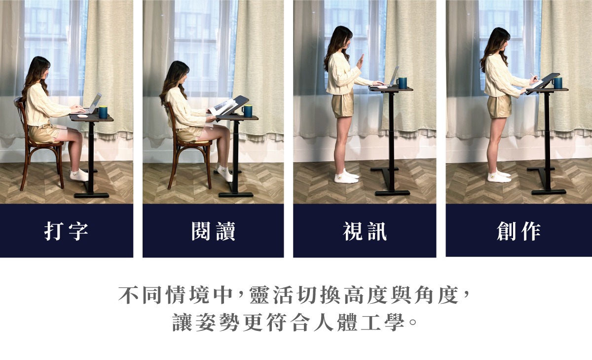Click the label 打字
(x=66, y=231)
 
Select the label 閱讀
(x=213, y=231)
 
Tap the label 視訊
(x=365, y=231)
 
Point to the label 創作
(x=518, y=231)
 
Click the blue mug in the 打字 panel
(x=103, y=112)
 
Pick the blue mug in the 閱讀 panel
(x=247, y=111)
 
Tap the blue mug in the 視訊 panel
(x=402, y=83)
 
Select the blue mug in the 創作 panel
(x=557, y=83)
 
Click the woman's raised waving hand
(x=360, y=62)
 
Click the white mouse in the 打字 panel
(x=82, y=116)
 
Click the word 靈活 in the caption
(x=271, y=295)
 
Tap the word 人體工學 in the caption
(x=359, y=322)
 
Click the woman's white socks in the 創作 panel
(x=499, y=176)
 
